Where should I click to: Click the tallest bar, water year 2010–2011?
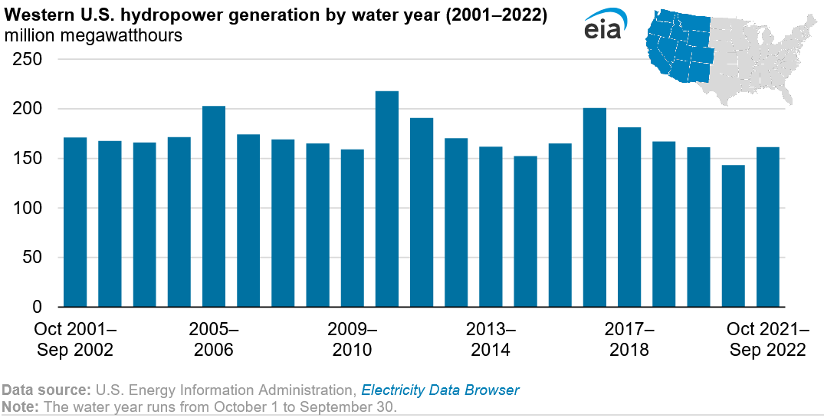tap(386, 199)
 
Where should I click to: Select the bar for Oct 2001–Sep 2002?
tap(75, 222)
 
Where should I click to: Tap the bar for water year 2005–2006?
tap(213, 207)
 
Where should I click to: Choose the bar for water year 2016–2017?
tap(594, 207)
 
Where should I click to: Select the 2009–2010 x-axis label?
tap(352, 340)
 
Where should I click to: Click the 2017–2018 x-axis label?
tap(629, 340)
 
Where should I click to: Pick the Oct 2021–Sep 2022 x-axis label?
tap(767, 340)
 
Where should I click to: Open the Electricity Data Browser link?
tap(440, 390)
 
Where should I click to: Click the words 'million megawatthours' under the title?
tap(93, 36)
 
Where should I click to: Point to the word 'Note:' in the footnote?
tap(20, 406)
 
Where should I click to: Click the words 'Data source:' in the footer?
tap(45, 390)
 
